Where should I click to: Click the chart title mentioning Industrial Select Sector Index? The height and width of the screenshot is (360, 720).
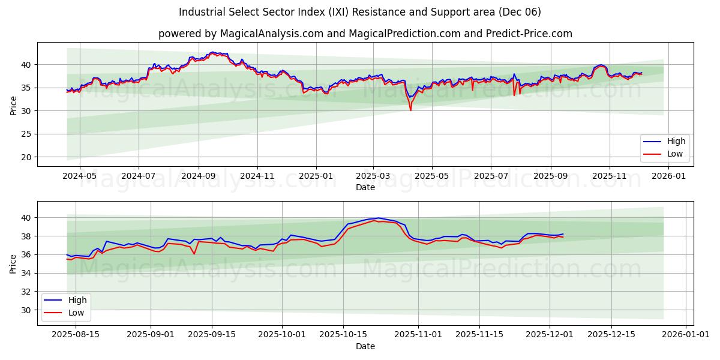pyautogui.click(x=359, y=12)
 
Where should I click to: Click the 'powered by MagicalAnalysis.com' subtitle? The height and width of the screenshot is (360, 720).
pyautogui.click(x=365, y=34)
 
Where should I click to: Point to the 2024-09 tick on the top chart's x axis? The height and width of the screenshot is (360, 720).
pyautogui.click(x=198, y=176)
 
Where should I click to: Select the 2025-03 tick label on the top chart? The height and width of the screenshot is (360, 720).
pyautogui.click(x=373, y=176)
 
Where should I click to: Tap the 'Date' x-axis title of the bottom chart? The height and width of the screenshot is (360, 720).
pyautogui.click(x=365, y=346)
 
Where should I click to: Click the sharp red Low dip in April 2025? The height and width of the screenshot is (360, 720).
pyautogui.click(x=410, y=110)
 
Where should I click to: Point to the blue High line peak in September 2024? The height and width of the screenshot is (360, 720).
pyautogui.click(x=212, y=52)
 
